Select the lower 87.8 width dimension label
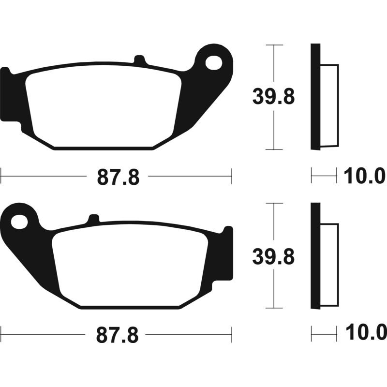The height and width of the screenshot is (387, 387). (x=118, y=335)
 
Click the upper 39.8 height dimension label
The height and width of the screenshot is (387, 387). (x=273, y=97)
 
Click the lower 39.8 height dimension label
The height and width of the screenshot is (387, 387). (x=273, y=256)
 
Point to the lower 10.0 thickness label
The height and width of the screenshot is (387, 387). (x=365, y=333)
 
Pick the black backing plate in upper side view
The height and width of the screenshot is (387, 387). (x=315, y=97)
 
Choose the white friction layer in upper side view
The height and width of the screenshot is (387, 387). (x=329, y=105)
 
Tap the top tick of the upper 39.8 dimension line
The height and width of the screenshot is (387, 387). (x=274, y=45)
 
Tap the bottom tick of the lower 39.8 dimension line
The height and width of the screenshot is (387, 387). (x=274, y=308)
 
